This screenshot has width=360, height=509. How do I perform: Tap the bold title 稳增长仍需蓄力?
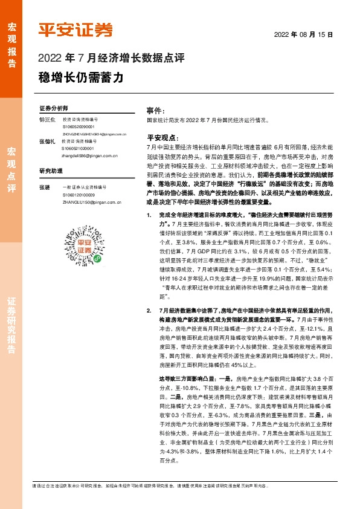80,77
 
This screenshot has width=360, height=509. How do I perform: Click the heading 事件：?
156,111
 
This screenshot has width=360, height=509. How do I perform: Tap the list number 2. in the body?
150,309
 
